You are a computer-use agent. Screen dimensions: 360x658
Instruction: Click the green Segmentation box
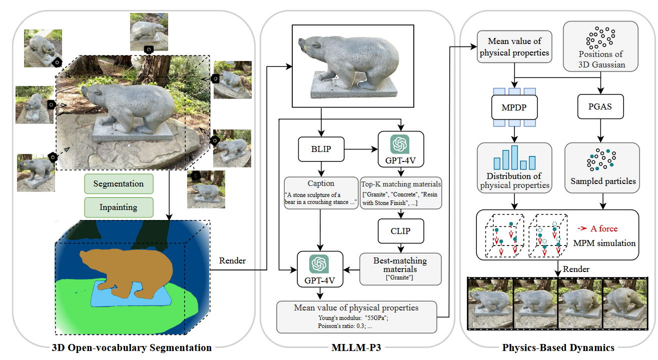(119, 183)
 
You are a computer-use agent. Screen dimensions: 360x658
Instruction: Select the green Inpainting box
(119, 207)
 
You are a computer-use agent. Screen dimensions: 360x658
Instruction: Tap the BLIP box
(321, 149)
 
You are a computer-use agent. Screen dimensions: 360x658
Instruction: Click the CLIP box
(400, 231)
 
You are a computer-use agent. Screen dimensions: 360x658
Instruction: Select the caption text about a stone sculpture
(321, 198)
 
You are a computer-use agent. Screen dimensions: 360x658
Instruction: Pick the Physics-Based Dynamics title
(558, 347)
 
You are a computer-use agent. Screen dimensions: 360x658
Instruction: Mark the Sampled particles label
(603, 181)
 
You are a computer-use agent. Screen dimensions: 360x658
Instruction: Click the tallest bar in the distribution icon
(514, 157)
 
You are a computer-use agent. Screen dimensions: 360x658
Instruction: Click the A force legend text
(604, 228)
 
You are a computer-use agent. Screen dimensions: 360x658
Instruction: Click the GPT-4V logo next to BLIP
(400, 144)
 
